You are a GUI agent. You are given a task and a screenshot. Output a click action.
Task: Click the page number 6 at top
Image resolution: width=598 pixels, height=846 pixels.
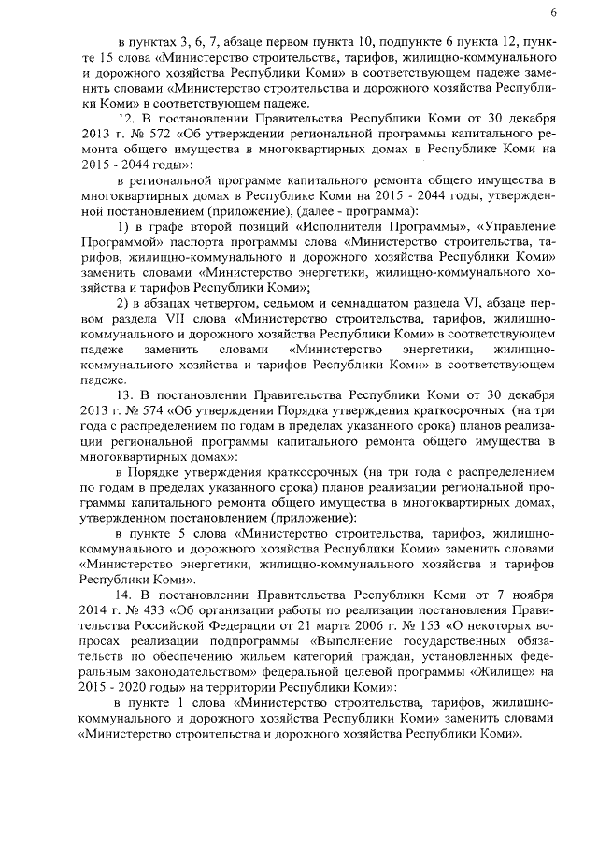(x=554, y=12)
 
